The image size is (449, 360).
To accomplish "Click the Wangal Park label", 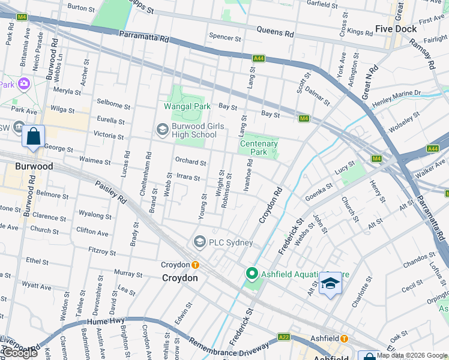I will (x=187, y=106).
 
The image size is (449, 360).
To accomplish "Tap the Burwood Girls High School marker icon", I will (x=162, y=130).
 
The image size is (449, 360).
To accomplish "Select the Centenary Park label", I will (x=259, y=148).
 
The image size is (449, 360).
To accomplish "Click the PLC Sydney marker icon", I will (x=199, y=242).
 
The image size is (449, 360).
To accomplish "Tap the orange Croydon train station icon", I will (x=195, y=265).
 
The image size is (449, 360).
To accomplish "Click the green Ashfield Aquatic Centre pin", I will (x=252, y=275).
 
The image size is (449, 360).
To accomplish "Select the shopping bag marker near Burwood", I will (x=34, y=136).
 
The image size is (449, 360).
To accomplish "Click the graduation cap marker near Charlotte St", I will (x=330, y=283).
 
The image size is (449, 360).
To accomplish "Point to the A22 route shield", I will (x=284, y=338).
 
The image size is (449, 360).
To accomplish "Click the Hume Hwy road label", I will (x=95, y=322).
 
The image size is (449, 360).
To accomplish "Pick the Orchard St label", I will (x=190, y=162).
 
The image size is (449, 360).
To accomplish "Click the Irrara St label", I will (x=188, y=177).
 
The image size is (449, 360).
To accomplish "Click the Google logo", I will (x=19, y=353).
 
